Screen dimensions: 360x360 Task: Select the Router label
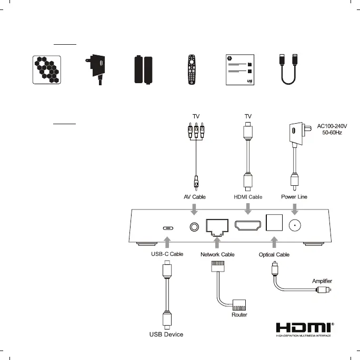tap(239, 315)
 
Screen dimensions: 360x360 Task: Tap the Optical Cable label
tap(274, 254)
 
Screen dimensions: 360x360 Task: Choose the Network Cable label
tap(217, 254)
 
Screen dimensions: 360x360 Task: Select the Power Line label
tap(293, 196)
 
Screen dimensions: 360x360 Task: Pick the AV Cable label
tap(194, 196)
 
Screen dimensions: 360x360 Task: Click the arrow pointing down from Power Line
tap(294, 209)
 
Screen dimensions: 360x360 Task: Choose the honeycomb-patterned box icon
tap(47, 69)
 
